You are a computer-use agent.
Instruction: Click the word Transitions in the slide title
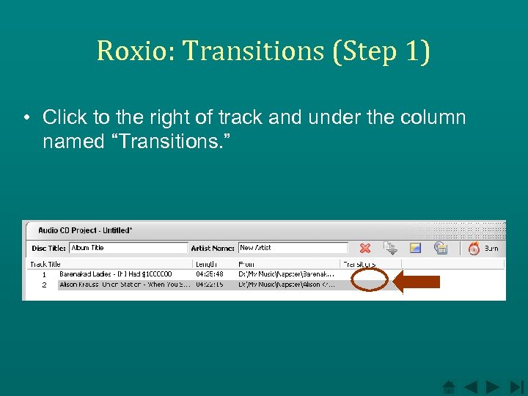pyautogui.click(x=252, y=51)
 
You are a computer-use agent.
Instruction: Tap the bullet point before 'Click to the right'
pyautogui.click(x=26, y=118)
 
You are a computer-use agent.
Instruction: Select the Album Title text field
pyautogui.click(x=128, y=248)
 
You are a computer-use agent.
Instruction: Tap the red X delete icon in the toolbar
pyautogui.click(x=365, y=249)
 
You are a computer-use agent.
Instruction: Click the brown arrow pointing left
pyautogui.click(x=417, y=282)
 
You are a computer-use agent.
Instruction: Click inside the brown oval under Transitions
pyautogui.click(x=370, y=279)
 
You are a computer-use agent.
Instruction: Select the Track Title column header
pyautogui.click(x=45, y=264)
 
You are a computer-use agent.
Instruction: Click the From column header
pyautogui.click(x=246, y=264)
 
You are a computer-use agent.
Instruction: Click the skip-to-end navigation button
pyautogui.click(x=518, y=386)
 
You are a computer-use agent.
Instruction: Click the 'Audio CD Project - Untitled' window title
pyautogui.click(x=85, y=230)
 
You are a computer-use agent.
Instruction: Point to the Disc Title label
pyautogui.click(x=49, y=248)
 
